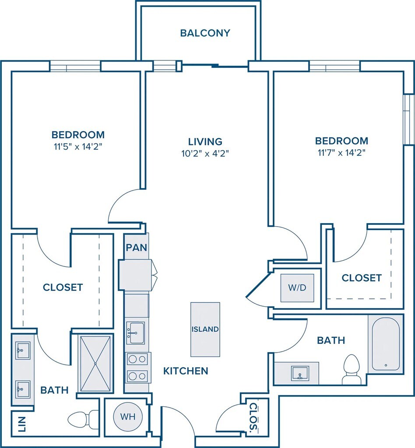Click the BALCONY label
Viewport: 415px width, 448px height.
[205, 33]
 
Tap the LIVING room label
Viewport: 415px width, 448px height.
[205, 141]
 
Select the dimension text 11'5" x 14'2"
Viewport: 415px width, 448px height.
[78, 147]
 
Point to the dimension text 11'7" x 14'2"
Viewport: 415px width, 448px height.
[341, 153]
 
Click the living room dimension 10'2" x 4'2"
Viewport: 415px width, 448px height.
[205, 154]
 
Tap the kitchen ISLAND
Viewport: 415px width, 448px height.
[205, 329]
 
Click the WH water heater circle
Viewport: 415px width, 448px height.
[128, 416]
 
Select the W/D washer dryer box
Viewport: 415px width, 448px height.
[297, 288]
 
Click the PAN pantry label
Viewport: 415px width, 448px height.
[137, 248]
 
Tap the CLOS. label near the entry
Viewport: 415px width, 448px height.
[253, 417]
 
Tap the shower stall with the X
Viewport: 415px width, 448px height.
[95, 364]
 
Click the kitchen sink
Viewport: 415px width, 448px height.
[135, 333]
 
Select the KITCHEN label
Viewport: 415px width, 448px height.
[186, 371]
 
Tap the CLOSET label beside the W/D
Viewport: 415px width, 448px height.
[362, 278]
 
